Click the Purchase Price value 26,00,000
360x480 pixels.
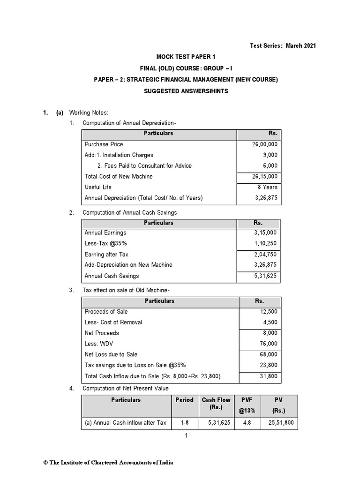265,144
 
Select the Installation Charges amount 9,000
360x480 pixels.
270,155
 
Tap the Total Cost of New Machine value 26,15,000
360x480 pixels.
265,177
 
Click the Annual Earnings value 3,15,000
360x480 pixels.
265,232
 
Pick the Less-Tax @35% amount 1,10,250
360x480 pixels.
265,243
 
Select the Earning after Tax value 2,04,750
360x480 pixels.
265,254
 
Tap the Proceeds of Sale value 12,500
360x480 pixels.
268,312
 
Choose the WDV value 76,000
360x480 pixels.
268,344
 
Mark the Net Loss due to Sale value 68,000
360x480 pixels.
268,354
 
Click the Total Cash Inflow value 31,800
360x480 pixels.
268,376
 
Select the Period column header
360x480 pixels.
184,400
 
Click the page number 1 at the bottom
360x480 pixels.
186,436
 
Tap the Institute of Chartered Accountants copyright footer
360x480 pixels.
108,462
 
